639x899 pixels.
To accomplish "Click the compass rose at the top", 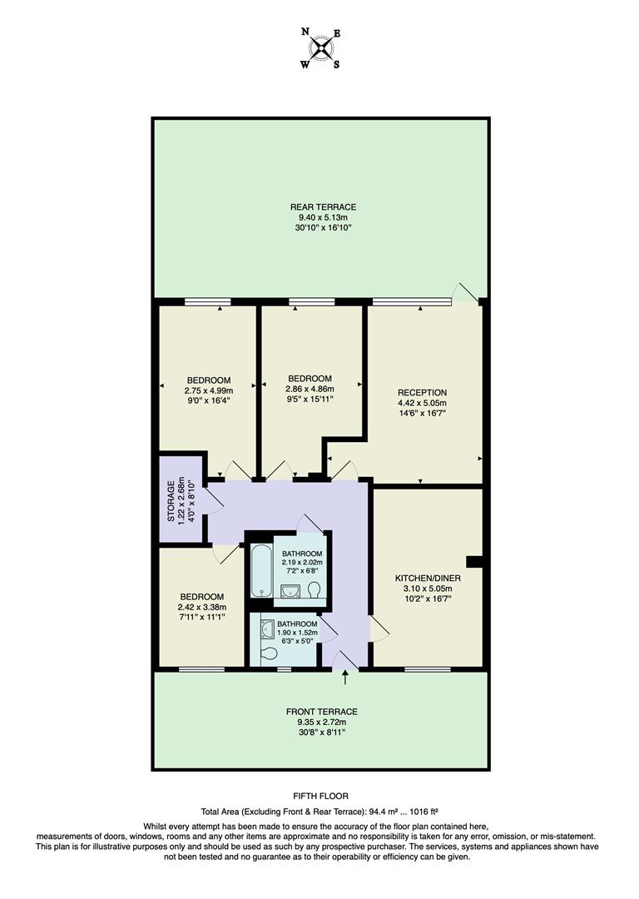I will [x=319, y=48].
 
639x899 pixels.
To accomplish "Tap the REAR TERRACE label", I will [x=323, y=207].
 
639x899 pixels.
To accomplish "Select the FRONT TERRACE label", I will [x=321, y=712].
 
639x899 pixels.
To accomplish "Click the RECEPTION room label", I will [x=422, y=393].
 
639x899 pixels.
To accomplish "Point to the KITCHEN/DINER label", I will [x=428, y=578].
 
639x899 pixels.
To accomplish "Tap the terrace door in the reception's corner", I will [x=466, y=291].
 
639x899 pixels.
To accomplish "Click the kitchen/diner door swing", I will [x=379, y=629].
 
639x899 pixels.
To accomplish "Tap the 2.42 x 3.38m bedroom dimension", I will [x=203, y=607].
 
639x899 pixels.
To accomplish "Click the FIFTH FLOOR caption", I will [x=320, y=796].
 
